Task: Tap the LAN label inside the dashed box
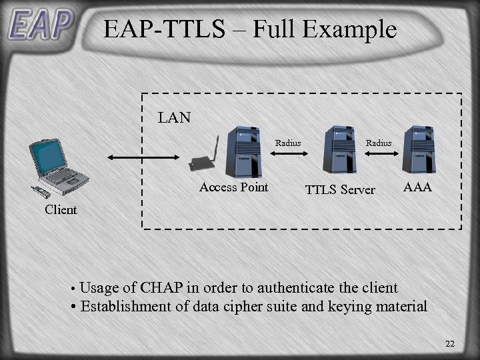pos(174,118)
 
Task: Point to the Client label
pos(61,209)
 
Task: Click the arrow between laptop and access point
pos(143,157)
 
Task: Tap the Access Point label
pos(233,187)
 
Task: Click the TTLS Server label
pos(340,190)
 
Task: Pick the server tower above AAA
pos(420,150)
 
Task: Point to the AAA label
pos(417,188)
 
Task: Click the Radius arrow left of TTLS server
pos(288,152)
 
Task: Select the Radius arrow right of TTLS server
pos(379,152)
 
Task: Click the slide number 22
pos(449,344)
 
